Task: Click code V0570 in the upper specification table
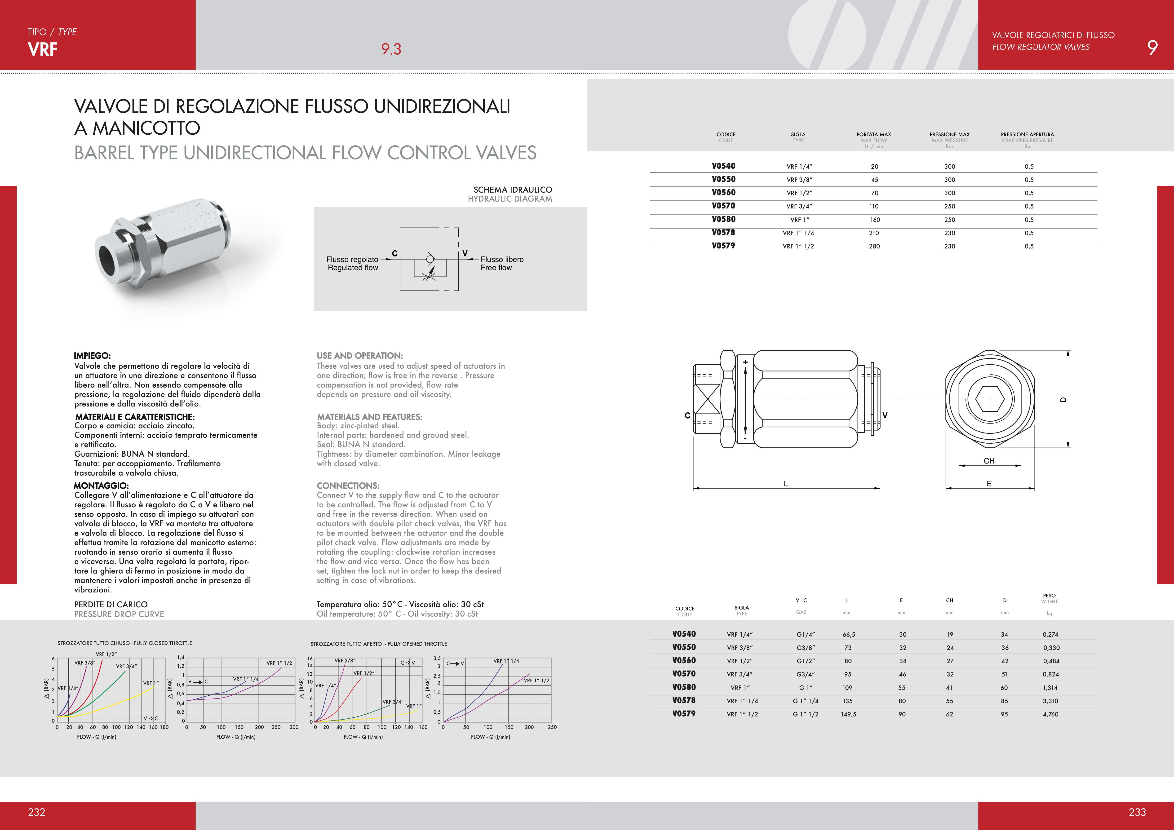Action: tap(723, 206)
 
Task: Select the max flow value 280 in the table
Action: tap(874, 246)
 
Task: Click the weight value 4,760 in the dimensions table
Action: tap(1050, 715)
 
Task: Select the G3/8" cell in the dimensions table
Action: tap(805, 648)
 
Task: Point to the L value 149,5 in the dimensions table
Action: tap(848, 715)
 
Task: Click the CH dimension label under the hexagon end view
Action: tap(989, 461)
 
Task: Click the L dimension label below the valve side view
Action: tap(786, 483)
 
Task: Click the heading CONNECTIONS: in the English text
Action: tap(348, 486)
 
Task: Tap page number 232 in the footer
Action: tap(37, 812)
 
